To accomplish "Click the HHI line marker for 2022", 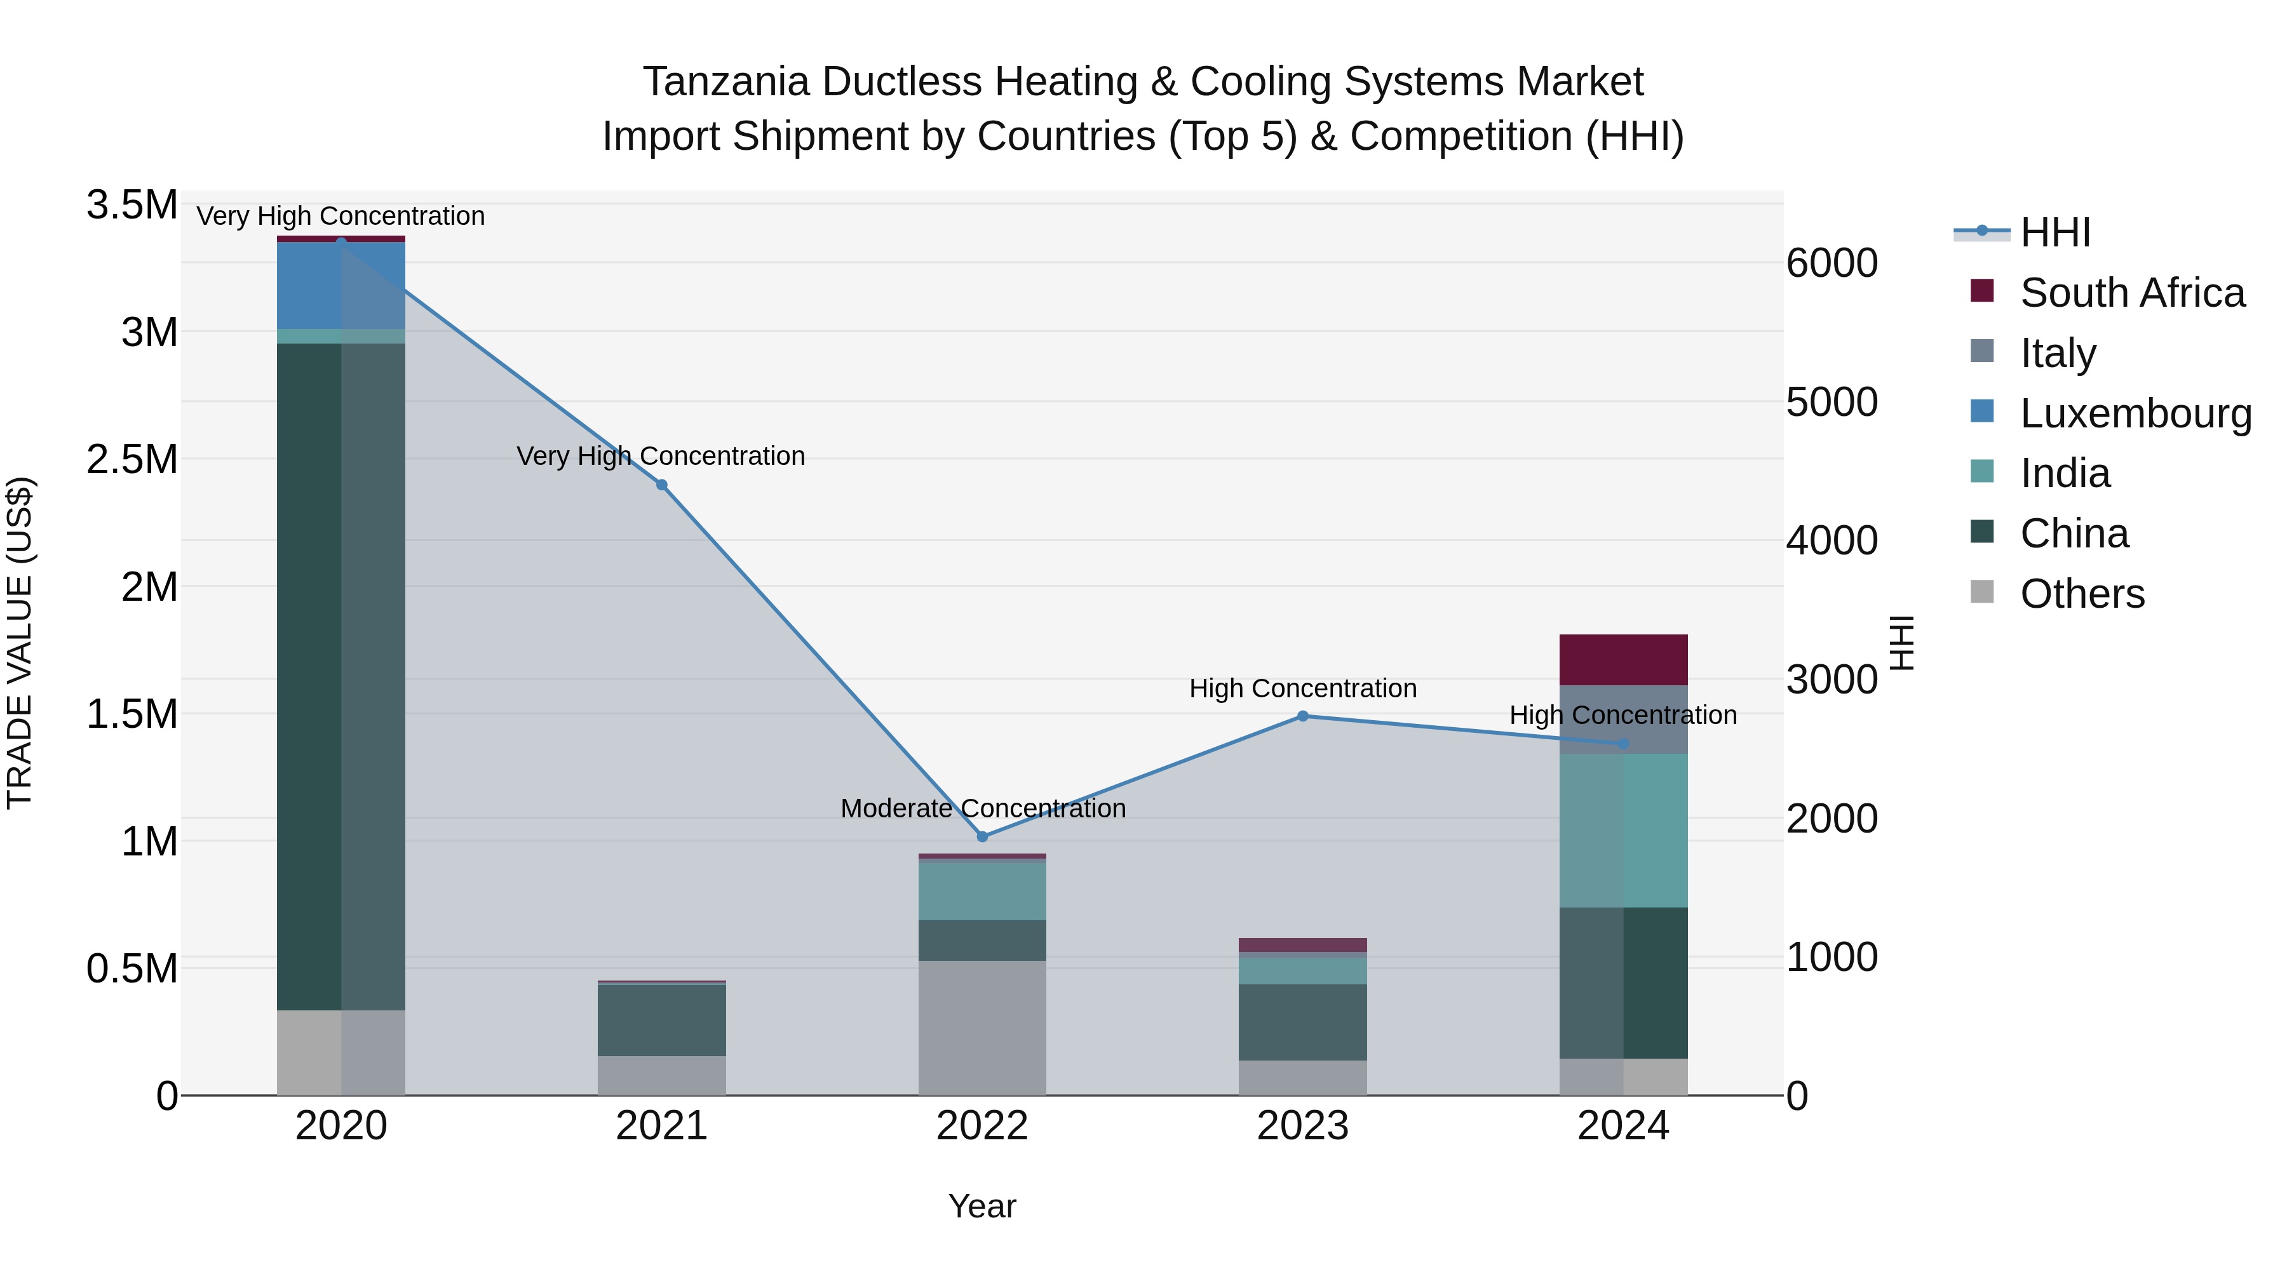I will point(982,836).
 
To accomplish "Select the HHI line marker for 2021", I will point(661,485).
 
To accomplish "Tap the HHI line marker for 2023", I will point(1302,715).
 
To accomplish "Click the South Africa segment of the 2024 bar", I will point(1623,659).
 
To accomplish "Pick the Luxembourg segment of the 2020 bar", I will point(341,286).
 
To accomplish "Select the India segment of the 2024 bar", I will point(1623,830).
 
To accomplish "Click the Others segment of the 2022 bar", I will point(982,1027).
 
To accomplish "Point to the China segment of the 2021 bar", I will point(661,1020).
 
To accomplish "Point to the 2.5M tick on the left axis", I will point(132,460).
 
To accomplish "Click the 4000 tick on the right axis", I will point(1832,540).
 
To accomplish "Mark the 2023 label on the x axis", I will point(1302,1126).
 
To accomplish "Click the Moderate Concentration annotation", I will point(983,808).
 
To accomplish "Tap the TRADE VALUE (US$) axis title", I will point(20,643).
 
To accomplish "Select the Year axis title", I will point(982,1206).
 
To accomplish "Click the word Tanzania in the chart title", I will point(726,82).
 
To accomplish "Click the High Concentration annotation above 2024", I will point(1623,714).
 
